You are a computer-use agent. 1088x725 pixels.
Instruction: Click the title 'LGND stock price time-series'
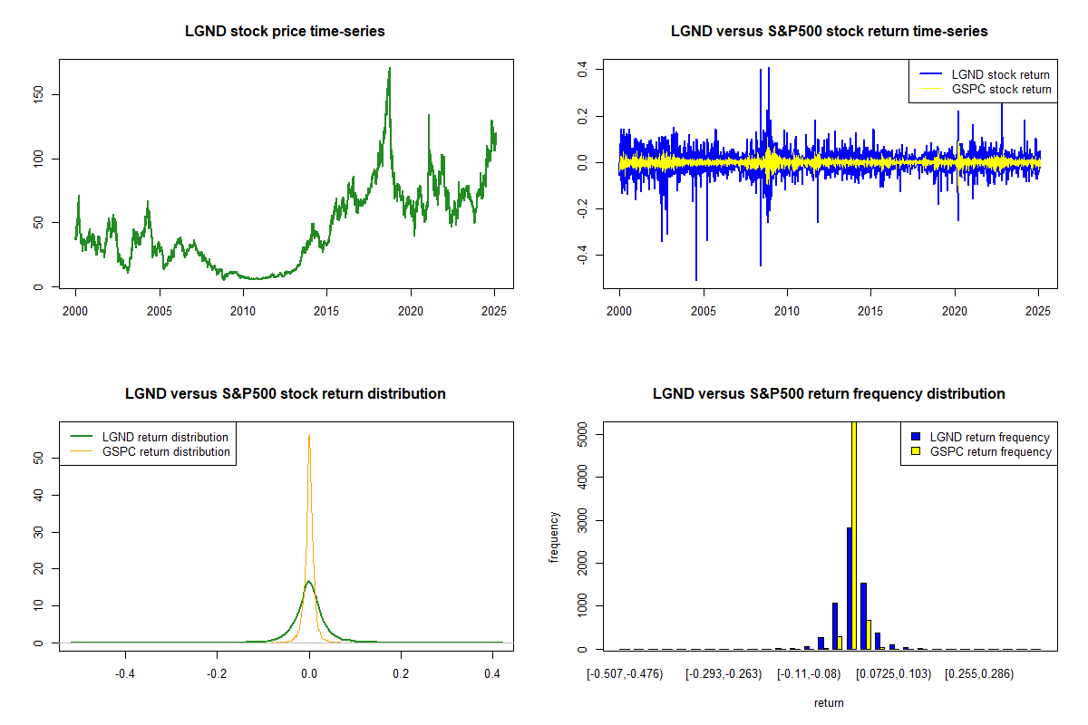coord(285,32)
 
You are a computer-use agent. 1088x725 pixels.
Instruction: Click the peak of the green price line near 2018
coord(390,69)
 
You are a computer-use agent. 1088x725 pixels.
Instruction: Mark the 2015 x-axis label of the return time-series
coord(870,308)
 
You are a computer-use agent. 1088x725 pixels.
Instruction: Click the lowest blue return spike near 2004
coord(696,279)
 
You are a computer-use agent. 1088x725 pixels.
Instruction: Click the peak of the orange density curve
coord(309,435)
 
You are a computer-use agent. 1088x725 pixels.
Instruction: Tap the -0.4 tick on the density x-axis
coord(126,673)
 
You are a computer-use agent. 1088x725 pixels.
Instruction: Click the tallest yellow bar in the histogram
coord(853,535)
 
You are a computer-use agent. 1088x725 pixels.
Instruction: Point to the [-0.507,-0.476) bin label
coord(625,673)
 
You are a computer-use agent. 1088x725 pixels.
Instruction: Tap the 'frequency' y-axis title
coord(555,537)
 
